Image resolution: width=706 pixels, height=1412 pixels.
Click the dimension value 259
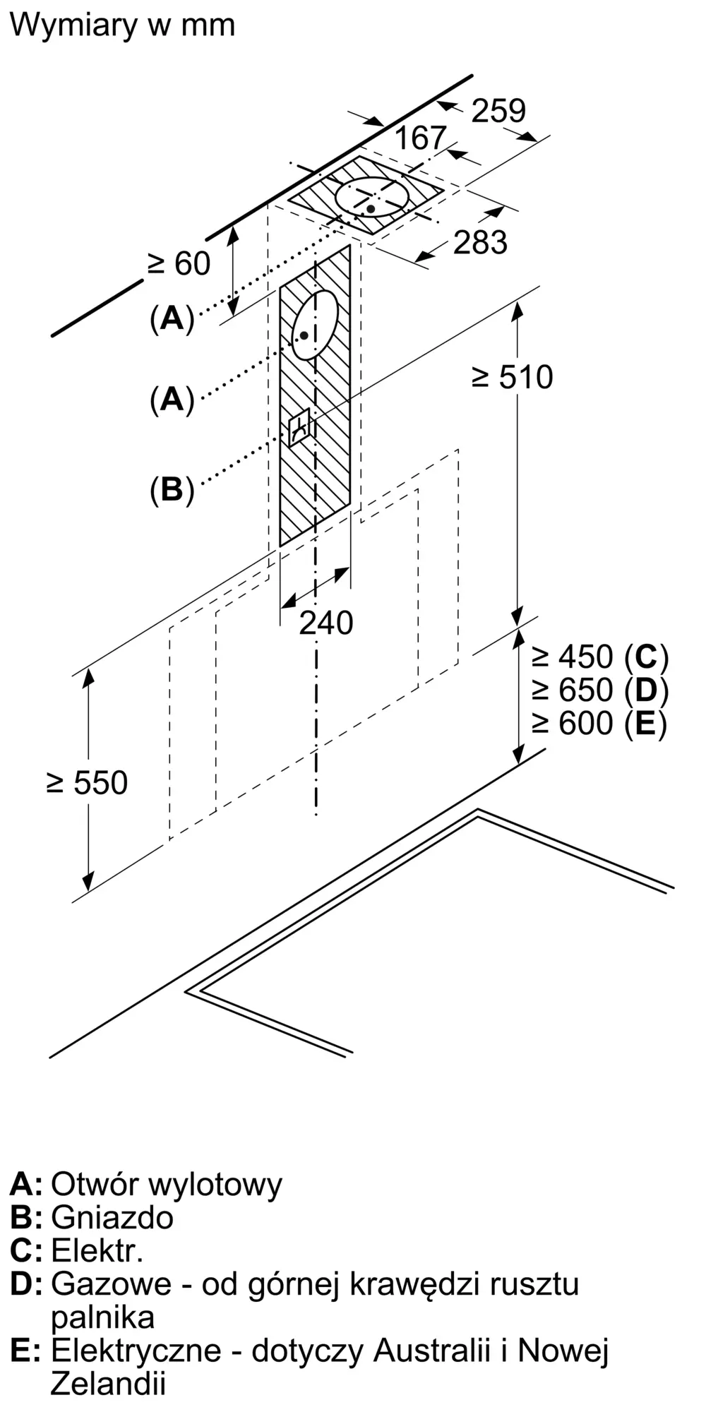point(498,111)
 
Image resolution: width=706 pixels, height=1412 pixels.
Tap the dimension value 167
point(420,138)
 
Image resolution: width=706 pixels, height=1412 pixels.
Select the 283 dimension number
point(480,242)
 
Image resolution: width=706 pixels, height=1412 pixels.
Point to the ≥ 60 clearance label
point(179,264)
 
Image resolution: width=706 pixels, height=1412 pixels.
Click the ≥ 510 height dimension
point(513,377)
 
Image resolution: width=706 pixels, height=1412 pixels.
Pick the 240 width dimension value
point(325,623)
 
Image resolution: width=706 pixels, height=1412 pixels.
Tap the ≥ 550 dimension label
point(88,782)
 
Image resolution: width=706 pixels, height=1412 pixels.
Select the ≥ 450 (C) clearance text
point(599,657)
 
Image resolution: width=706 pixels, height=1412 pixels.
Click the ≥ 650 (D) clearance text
point(599,690)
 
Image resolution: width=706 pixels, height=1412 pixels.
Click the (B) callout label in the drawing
point(172,489)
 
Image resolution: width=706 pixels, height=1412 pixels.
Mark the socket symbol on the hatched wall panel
point(299,426)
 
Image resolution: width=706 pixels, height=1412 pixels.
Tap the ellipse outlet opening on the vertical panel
point(315,325)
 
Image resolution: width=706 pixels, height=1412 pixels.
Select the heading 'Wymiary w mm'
point(122,25)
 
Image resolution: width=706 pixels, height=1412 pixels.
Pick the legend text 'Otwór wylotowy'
point(167,1183)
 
